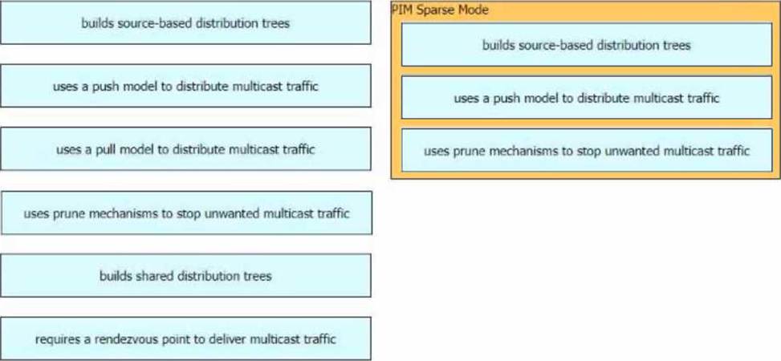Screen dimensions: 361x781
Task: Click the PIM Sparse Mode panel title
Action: point(440,10)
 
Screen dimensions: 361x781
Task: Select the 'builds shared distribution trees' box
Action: point(185,276)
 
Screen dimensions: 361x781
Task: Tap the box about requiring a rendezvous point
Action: point(185,339)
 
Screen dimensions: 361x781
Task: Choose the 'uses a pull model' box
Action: point(185,149)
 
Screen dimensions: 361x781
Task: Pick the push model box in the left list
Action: point(185,86)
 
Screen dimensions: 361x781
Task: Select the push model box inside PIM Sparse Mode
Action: point(586,98)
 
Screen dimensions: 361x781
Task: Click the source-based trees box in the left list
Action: point(185,23)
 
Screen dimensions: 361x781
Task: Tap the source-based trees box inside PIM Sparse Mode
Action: point(586,45)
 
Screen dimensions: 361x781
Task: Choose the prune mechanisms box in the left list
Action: point(185,213)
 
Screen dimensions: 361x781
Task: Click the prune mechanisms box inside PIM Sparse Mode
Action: point(586,150)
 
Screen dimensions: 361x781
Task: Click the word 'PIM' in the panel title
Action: point(401,10)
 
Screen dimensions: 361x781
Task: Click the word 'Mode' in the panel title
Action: point(474,10)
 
